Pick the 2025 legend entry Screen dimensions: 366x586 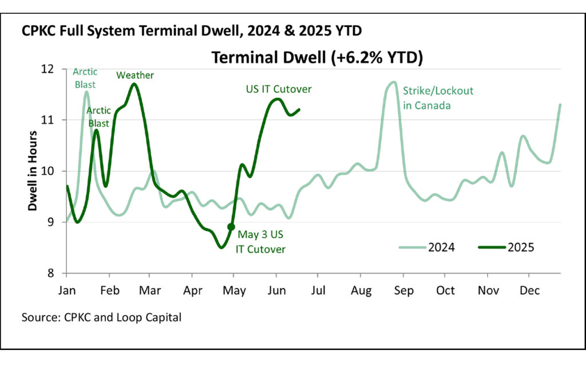coord(507,247)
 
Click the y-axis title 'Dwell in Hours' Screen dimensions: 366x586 coord(34,171)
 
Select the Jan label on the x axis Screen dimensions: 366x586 coord(67,290)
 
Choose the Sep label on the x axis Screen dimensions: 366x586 coord(403,290)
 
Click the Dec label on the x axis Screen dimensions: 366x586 coord(530,290)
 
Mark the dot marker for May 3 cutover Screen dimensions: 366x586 coord(231,227)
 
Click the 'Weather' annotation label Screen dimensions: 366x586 coord(135,75)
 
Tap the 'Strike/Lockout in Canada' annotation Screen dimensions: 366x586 coord(438,98)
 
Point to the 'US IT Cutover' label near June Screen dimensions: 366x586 coord(279,89)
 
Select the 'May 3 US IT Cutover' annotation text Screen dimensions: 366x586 coord(261,242)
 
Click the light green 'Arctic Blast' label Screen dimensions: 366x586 coord(85,78)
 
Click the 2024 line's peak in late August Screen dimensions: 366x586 coord(393,82)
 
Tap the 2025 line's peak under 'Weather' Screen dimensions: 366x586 coord(134,84)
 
